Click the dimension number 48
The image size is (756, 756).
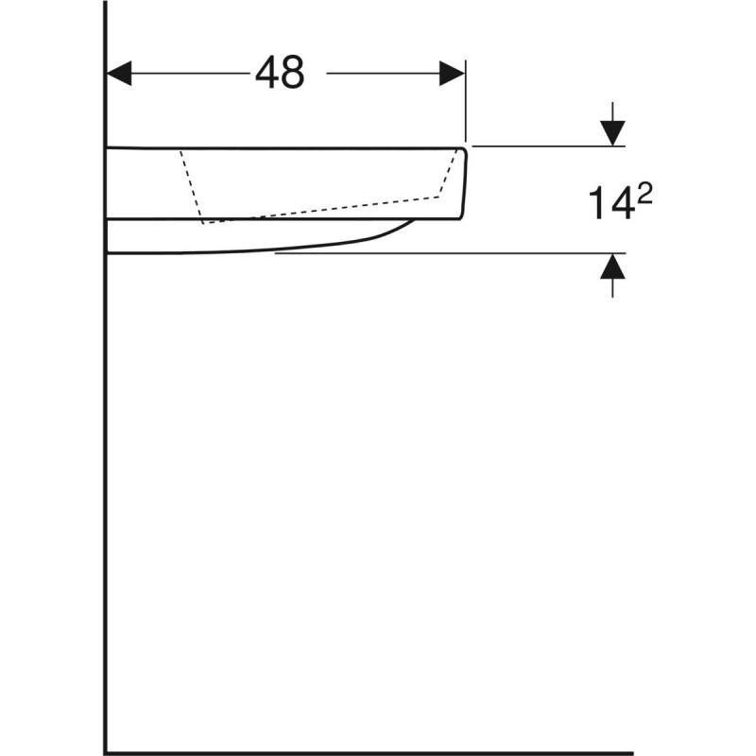280,72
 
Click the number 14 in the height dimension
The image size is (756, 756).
610,203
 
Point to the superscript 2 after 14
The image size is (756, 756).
645,194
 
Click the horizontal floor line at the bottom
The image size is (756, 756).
378,753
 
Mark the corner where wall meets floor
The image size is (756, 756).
106,753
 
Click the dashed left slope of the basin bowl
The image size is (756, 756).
192,185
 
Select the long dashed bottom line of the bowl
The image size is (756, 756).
321,210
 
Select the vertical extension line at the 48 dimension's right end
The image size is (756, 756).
466,104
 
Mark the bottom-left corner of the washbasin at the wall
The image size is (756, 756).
108,252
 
